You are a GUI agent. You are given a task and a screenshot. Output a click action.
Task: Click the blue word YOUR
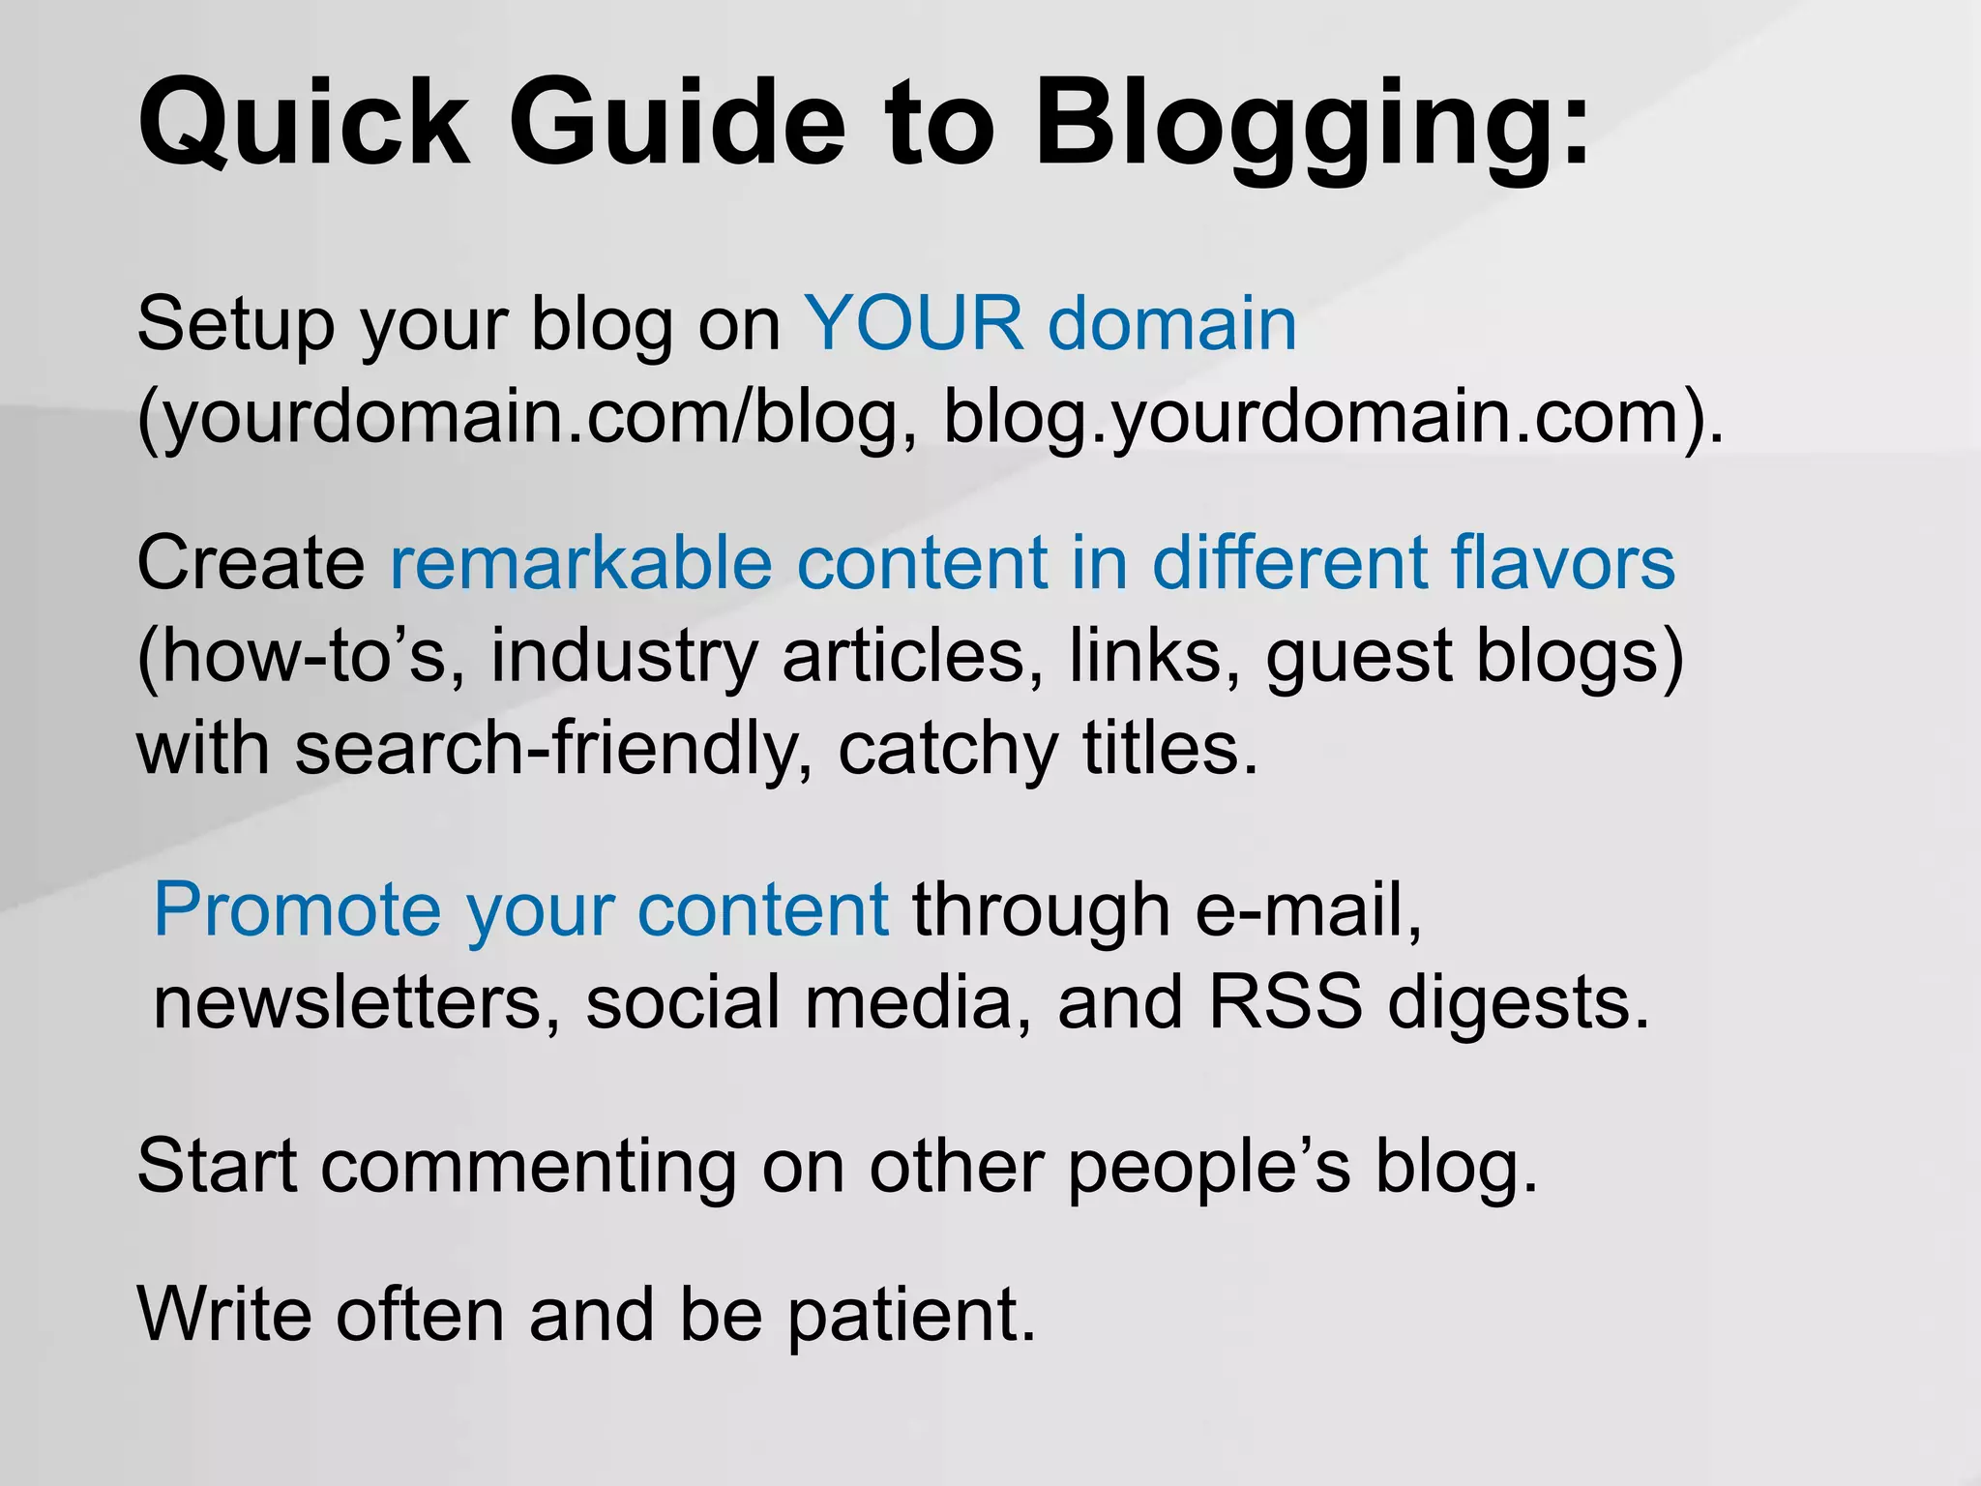coord(913,323)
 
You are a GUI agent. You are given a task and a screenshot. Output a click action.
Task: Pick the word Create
coord(251,562)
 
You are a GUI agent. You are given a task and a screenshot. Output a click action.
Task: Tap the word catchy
coord(948,750)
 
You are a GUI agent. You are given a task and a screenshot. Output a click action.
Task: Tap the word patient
coord(910,1316)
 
